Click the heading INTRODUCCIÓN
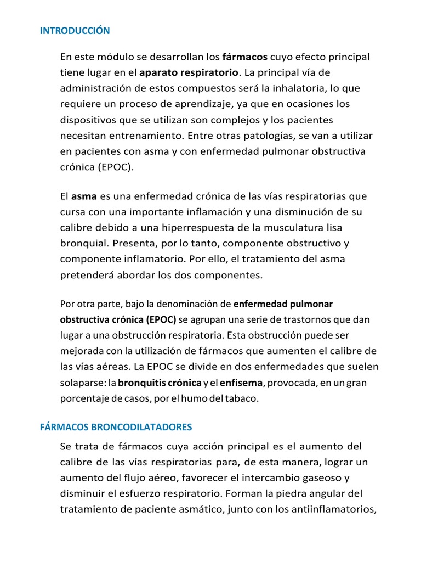(75, 31)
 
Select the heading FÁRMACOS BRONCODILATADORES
(116, 426)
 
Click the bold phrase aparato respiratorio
(189, 72)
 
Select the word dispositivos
(88, 120)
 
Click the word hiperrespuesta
(193, 227)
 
